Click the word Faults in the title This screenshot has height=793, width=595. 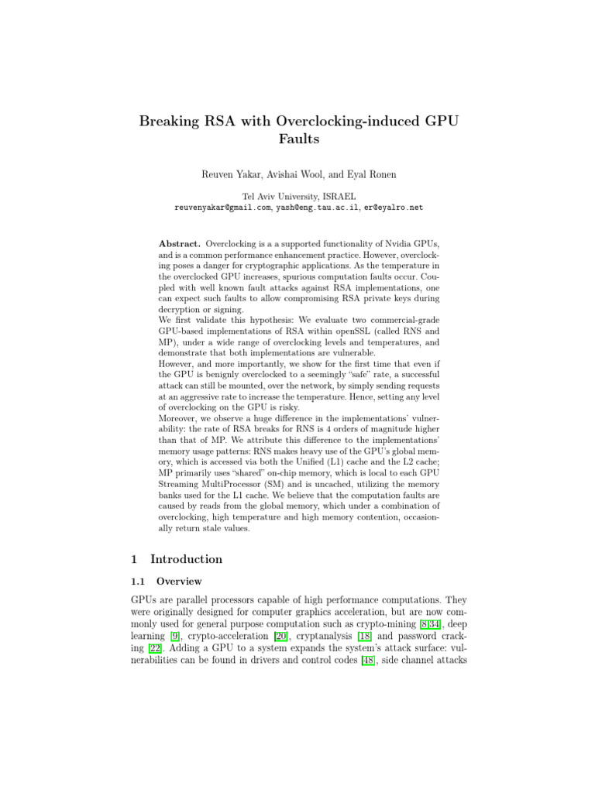(x=297, y=141)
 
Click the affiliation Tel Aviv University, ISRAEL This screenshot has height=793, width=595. (x=297, y=197)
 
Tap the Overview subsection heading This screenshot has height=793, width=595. (x=181, y=581)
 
